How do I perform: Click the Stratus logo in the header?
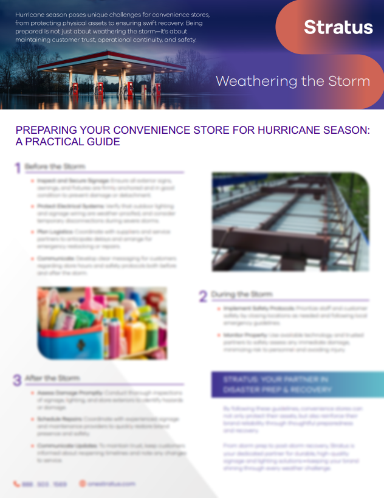(x=338, y=27)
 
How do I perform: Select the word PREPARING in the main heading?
(x=46, y=131)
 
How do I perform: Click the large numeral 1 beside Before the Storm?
(x=18, y=168)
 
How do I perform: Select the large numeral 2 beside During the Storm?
(x=203, y=296)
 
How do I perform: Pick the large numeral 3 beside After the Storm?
(x=17, y=381)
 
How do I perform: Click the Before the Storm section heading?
(x=55, y=167)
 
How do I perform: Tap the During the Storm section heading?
(x=241, y=295)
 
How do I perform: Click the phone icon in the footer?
(x=16, y=484)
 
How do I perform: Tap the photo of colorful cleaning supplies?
(x=101, y=323)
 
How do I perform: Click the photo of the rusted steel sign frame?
(x=290, y=221)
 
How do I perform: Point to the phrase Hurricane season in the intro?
(x=39, y=14)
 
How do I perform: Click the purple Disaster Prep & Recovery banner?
(x=297, y=384)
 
